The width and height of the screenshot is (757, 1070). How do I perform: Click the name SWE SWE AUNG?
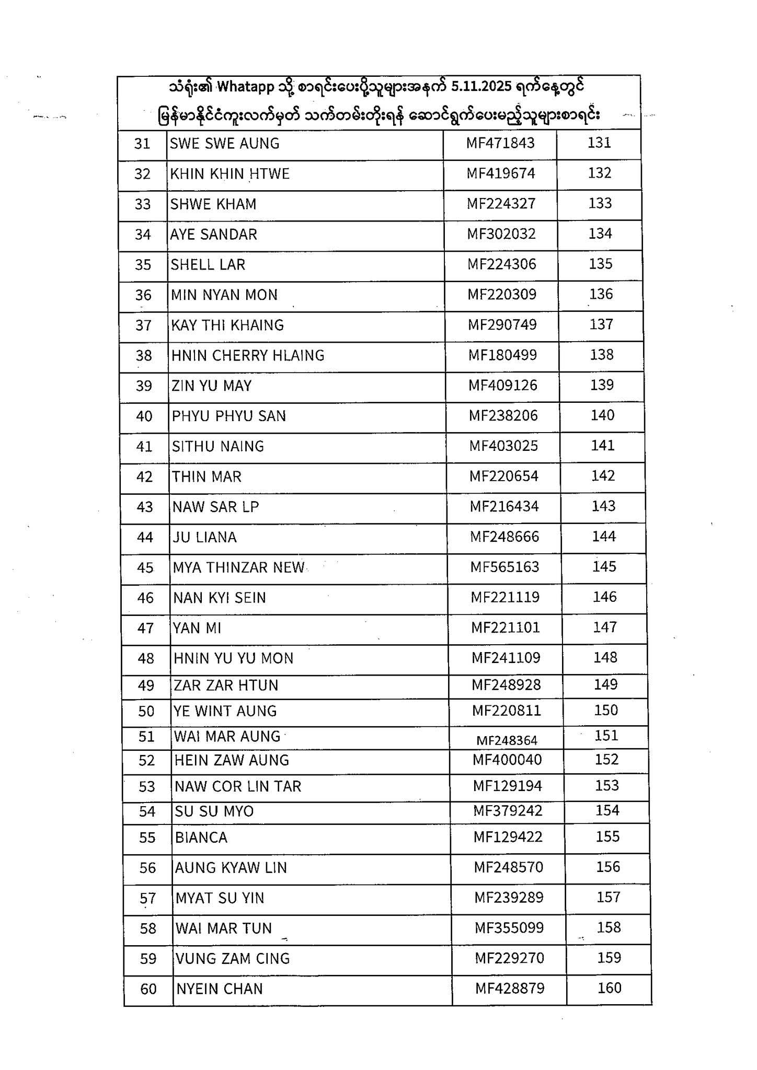(x=224, y=144)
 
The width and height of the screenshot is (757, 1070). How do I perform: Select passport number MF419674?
(x=501, y=173)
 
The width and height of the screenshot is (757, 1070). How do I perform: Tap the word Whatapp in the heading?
(x=245, y=87)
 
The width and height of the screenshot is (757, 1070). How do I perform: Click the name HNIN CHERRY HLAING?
(x=248, y=356)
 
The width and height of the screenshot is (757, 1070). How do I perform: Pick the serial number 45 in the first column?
(x=145, y=568)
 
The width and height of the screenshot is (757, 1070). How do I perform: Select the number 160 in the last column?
(x=610, y=988)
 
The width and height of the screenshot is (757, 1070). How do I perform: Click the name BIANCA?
(x=201, y=838)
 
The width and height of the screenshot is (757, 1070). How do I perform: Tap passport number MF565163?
(x=504, y=567)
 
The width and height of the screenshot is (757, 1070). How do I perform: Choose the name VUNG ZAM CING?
(x=233, y=959)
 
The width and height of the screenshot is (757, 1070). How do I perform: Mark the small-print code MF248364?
(x=507, y=741)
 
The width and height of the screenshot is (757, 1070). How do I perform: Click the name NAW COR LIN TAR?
(x=238, y=787)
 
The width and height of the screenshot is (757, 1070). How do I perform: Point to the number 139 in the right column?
(x=602, y=385)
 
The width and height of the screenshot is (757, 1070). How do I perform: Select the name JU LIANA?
(x=205, y=538)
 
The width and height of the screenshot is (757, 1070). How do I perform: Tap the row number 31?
(x=142, y=144)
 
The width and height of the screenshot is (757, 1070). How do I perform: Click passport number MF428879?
(x=510, y=988)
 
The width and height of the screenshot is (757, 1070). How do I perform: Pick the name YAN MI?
(x=197, y=628)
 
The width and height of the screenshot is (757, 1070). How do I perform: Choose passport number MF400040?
(x=507, y=760)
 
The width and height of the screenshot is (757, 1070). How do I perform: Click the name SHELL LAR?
(x=208, y=265)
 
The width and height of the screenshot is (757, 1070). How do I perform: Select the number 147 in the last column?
(x=605, y=627)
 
